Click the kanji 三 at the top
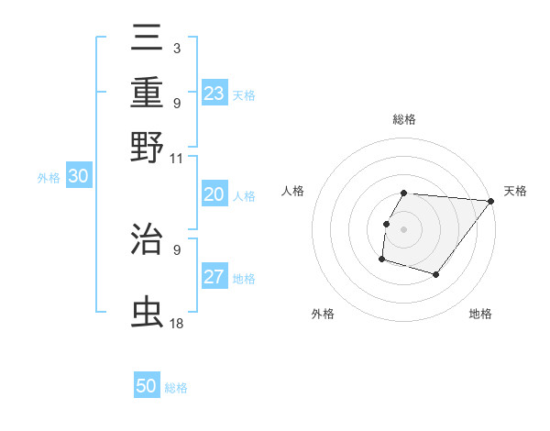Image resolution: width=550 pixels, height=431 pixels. click(148, 39)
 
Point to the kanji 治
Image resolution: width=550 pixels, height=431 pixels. click(148, 240)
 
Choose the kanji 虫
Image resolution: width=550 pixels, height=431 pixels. click(148, 313)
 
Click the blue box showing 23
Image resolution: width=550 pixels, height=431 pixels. click(214, 94)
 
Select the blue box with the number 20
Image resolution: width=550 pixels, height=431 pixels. click(214, 194)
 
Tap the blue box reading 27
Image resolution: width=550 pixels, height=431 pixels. click(214, 277)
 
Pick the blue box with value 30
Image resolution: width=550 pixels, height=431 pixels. click(78, 177)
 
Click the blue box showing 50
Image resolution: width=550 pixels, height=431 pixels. click(147, 386)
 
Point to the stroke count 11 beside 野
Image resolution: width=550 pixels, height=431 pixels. click(177, 159)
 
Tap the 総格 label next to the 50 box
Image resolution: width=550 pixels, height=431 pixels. click(176, 388)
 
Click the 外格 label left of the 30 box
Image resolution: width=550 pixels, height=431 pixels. click(49, 179)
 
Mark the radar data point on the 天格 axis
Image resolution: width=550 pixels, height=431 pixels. click(490, 202)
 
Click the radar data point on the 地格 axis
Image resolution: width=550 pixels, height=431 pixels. click(436, 274)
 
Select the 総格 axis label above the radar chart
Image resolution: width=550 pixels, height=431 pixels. click(404, 120)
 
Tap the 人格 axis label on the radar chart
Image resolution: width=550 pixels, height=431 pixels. click(293, 191)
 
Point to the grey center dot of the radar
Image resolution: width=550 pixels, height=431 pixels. click(404, 228)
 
